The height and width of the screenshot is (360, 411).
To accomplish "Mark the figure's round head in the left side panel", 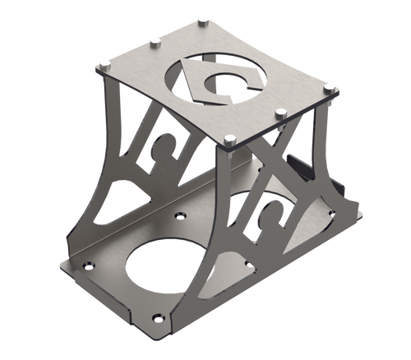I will click(168, 132).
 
